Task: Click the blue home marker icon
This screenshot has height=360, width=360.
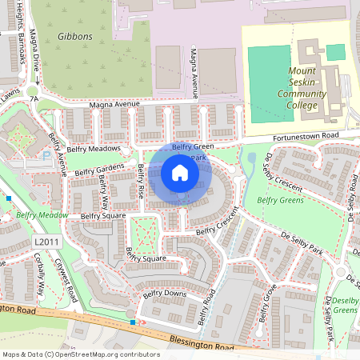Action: point(180,172)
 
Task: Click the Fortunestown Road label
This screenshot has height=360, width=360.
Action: point(305,137)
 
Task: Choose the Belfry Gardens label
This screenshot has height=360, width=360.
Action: point(99,170)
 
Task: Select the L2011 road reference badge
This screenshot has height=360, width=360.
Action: point(46,241)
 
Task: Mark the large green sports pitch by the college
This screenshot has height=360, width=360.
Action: point(269,72)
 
